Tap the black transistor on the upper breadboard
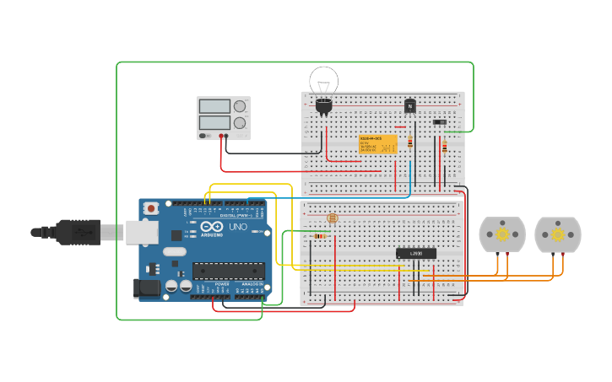click(409, 105)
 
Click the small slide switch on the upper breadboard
click(439, 121)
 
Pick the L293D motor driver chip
click(416, 253)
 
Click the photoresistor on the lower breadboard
click(332, 218)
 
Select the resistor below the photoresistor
click(319, 236)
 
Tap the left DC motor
click(502, 234)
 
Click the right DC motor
click(558, 234)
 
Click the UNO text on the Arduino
click(238, 227)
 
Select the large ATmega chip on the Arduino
click(228, 271)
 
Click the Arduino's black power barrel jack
click(147, 288)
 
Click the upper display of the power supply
click(214, 106)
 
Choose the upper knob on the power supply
click(241, 106)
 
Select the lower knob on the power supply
click(241, 122)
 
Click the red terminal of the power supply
click(221, 135)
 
